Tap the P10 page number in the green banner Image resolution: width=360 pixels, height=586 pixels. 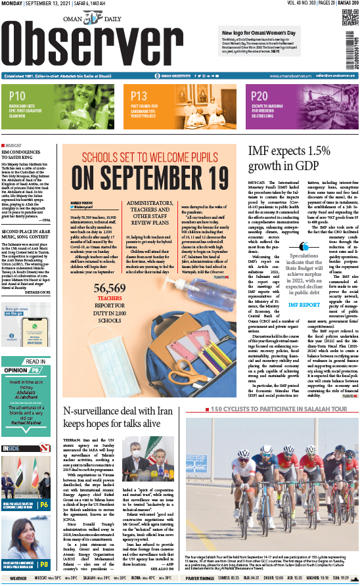coord(18,96)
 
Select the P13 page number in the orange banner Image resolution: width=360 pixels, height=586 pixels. coord(139,96)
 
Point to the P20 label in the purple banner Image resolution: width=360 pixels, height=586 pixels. coord(259,96)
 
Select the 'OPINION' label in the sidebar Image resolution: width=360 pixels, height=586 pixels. coord(17,370)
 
